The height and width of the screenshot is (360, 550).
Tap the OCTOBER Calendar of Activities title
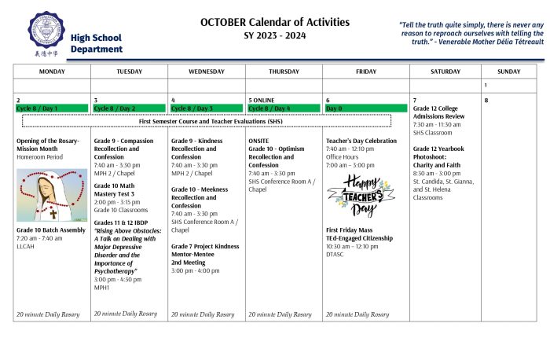(274, 22)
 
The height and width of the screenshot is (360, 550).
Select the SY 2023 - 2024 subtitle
(274, 35)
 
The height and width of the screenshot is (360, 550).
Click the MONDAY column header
(52, 72)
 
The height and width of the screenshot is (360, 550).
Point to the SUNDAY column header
(508, 72)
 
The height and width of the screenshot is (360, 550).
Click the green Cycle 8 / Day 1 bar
(52, 108)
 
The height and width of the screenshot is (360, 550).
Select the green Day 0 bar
(361, 108)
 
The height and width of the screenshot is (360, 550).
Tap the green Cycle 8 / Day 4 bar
(284, 108)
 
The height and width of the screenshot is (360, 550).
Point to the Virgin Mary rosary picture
(52, 195)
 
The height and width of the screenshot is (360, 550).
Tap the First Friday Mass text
(350, 230)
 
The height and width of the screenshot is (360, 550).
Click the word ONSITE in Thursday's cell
(258, 141)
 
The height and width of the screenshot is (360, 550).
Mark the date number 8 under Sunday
(486, 101)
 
